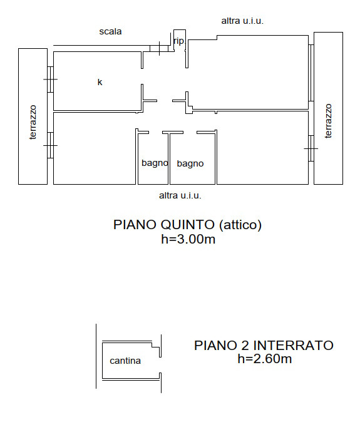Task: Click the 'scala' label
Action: click(110, 31)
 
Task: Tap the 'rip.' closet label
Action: click(179, 41)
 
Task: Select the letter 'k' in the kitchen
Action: click(100, 82)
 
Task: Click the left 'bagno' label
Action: click(155, 163)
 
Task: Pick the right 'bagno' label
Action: click(190, 163)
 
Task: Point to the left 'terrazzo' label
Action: click(33, 123)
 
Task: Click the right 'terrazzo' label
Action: click(328, 121)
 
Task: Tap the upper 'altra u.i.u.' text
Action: click(242, 21)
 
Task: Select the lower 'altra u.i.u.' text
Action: click(180, 195)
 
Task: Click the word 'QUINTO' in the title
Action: click(188, 224)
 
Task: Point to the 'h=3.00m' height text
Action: click(188, 239)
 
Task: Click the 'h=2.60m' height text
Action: click(264, 359)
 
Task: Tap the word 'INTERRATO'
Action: click(294, 345)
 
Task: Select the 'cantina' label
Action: click(125, 361)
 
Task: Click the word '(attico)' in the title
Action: click(240, 225)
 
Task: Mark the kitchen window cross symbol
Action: click(50, 80)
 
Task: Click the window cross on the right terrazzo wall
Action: click(311, 148)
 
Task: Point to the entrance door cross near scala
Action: click(159, 48)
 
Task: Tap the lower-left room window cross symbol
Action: click(50, 146)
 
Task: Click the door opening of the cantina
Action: click(160, 365)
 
